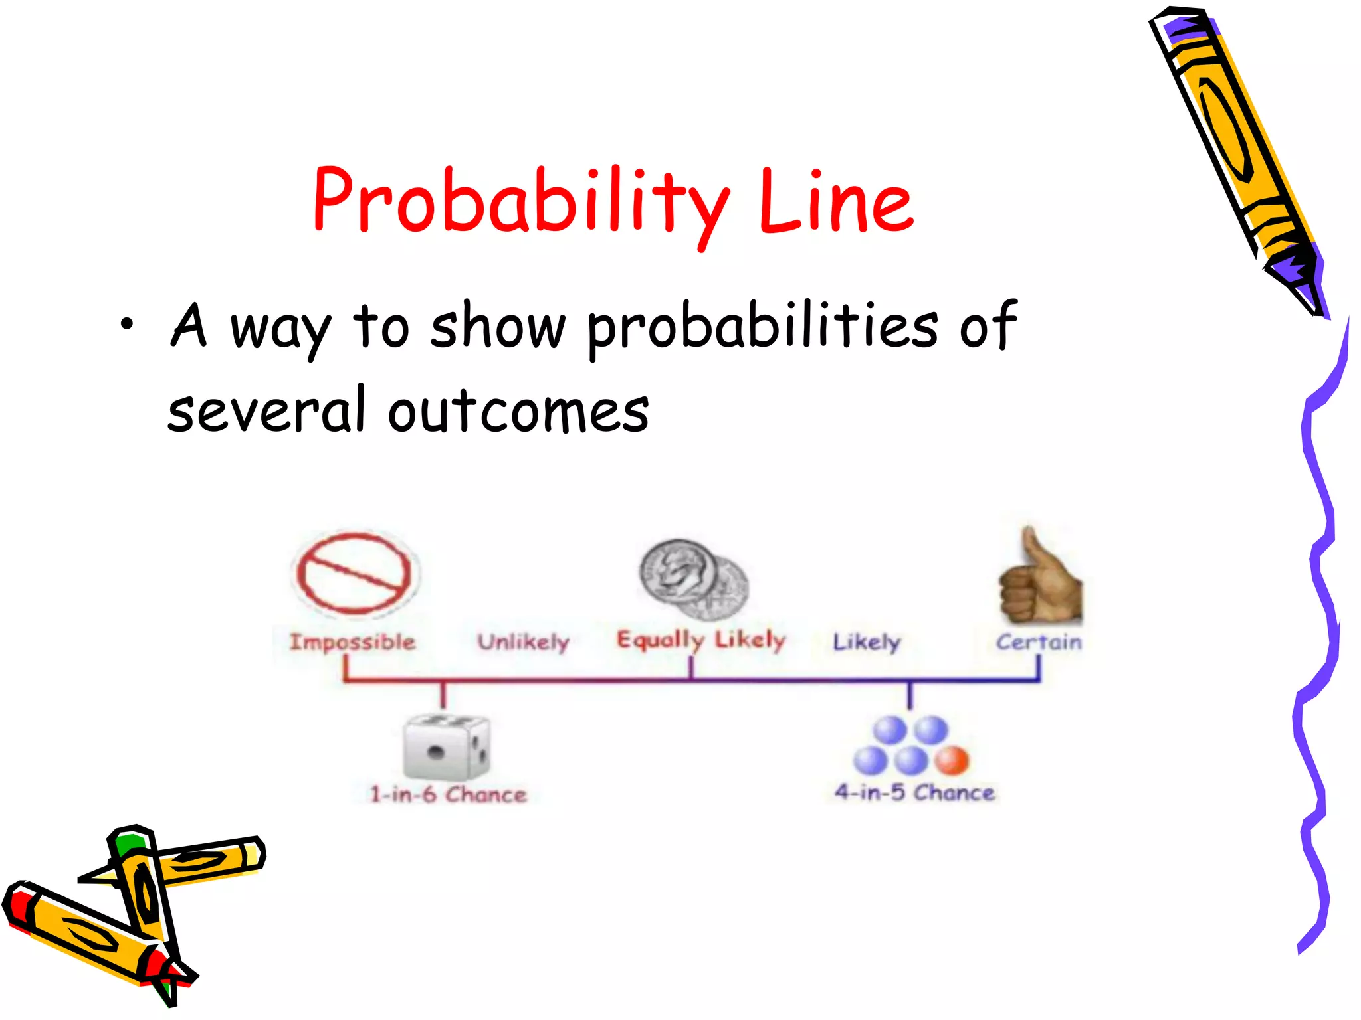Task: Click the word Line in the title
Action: point(836,201)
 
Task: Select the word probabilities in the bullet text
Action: point(763,327)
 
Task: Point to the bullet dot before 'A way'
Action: point(126,325)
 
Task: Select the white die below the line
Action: point(446,748)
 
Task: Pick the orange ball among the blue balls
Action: point(952,761)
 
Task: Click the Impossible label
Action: point(352,642)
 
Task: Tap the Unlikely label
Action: point(523,642)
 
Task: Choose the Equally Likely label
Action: point(701,639)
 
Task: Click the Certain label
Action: point(1039,642)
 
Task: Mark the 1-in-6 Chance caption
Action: point(448,794)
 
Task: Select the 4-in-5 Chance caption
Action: point(914,792)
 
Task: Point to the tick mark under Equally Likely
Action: point(691,667)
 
